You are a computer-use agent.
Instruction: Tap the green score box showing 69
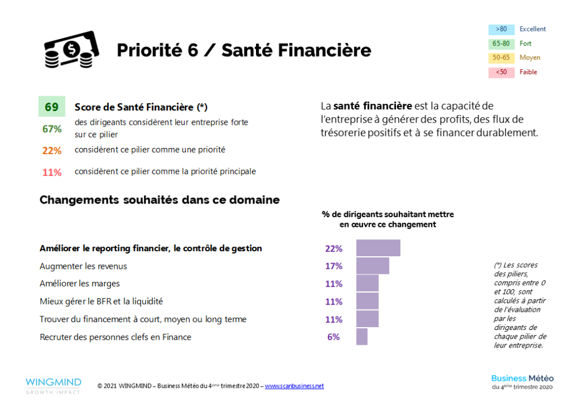[52, 107]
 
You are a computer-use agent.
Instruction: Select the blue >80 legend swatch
[501, 29]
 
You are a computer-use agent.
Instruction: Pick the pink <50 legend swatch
[501, 73]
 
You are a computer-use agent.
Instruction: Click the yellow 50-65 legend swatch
[501, 58]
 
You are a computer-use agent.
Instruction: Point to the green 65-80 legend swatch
[501, 44]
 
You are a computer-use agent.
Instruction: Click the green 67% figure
[52, 129]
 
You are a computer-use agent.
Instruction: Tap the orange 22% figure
[52, 150]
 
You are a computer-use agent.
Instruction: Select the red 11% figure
[52, 172]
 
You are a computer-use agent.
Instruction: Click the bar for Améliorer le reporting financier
[378, 248]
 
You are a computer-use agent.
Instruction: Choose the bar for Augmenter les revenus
[372, 266]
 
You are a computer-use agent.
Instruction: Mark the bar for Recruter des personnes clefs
[361, 337]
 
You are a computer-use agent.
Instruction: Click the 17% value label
[334, 266]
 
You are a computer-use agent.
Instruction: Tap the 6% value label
[334, 337]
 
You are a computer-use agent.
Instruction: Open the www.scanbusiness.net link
[294, 386]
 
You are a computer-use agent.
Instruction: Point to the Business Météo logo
[522, 382]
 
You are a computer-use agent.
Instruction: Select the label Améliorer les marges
[80, 283]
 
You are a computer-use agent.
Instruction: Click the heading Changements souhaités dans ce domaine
[159, 200]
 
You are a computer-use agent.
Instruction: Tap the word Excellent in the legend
[533, 29]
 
